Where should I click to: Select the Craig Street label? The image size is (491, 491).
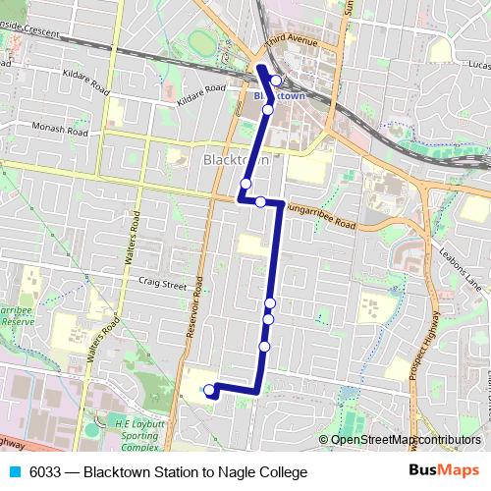pyautogui.click(x=162, y=286)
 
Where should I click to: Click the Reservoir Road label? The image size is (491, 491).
pyautogui.click(x=195, y=305)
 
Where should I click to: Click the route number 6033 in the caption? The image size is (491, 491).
pyautogui.click(x=47, y=472)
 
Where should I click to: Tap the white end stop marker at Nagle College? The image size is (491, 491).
pyautogui.click(x=208, y=391)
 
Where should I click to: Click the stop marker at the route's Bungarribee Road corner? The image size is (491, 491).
pyautogui.click(x=261, y=202)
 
